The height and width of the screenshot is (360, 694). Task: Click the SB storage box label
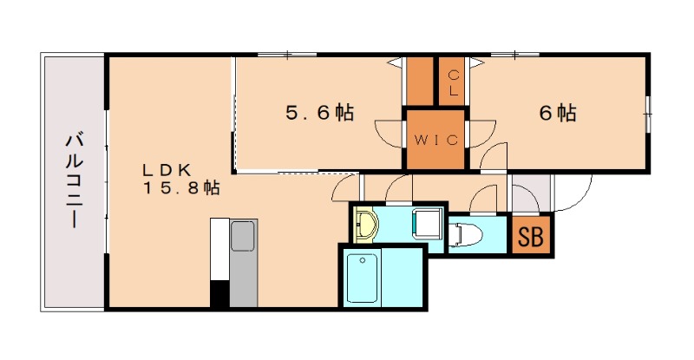(530, 237)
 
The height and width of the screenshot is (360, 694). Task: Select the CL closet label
(454, 83)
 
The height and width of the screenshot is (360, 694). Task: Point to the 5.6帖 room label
(320, 113)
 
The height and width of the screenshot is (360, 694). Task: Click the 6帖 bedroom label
(558, 113)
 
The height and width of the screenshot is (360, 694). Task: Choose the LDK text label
(167, 169)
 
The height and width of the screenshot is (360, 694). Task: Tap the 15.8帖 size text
(181, 188)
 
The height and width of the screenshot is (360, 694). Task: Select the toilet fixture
(461, 233)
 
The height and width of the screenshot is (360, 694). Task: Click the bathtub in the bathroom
(363, 278)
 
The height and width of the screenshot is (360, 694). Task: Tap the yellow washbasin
(364, 224)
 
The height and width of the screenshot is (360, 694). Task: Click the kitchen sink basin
(243, 236)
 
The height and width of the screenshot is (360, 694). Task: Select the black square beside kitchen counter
(219, 293)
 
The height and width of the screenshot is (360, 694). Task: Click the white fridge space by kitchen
(219, 249)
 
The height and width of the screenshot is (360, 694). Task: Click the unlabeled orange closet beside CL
(420, 81)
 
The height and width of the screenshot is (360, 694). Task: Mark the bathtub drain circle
(363, 260)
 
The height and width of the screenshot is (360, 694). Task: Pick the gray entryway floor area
(531, 193)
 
